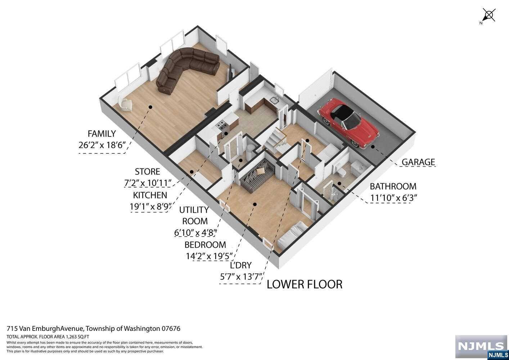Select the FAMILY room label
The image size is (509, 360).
pyautogui.click(x=102, y=134)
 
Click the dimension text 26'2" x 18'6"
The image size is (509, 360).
pyautogui.click(x=102, y=145)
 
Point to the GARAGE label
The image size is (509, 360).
pyautogui.click(x=418, y=162)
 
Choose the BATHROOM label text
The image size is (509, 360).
pyautogui.click(x=393, y=186)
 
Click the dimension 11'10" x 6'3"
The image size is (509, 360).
pyautogui.click(x=393, y=198)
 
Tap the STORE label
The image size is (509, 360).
pyautogui.click(x=147, y=172)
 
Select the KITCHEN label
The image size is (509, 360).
pyautogui.click(x=150, y=195)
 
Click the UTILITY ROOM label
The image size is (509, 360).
pyautogui.click(x=195, y=215)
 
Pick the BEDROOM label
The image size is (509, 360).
pyautogui.click(x=205, y=245)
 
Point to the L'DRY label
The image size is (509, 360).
pyautogui.click(x=240, y=266)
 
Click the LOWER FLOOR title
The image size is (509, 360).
pyautogui.click(x=304, y=284)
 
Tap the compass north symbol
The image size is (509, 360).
pyautogui.click(x=488, y=16)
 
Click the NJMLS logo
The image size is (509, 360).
pyautogui.click(x=481, y=347)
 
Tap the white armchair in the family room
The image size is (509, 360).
pyautogui.click(x=126, y=104)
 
